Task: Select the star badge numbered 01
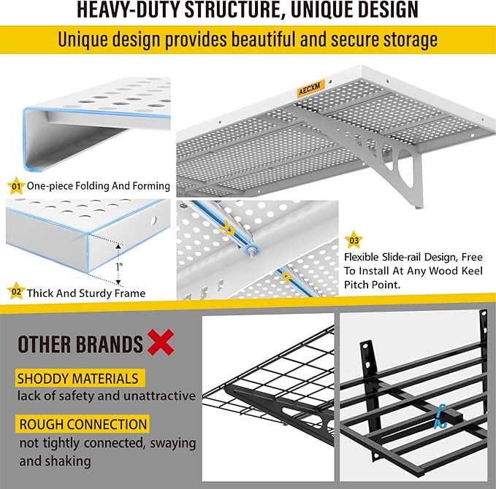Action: pyautogui.click(x=14, y=186)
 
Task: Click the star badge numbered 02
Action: pyautogui.click(x=14, y=293)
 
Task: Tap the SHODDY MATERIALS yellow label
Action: pyautogui.click(x=77, y=378)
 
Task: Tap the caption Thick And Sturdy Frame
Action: pyautogui.click(x=86, y=293)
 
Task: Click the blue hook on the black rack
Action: pyautogui.click(x=440, y=416)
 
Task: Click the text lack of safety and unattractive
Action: pyautogui.click(x=107, y=396)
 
